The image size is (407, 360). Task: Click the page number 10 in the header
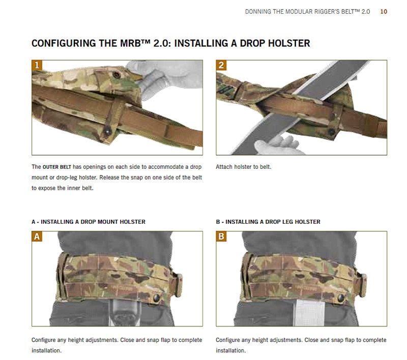coord(384,11)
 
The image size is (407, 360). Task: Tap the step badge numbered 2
coord(221,66)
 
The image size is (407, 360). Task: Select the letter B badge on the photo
coord(221,237)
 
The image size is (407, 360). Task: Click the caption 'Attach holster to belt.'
coord(243,167)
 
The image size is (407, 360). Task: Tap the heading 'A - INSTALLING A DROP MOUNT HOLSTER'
coord(89,222)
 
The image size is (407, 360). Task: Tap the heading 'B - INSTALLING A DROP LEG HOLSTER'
coord(268,222)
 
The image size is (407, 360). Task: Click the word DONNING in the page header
coord(260,11)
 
